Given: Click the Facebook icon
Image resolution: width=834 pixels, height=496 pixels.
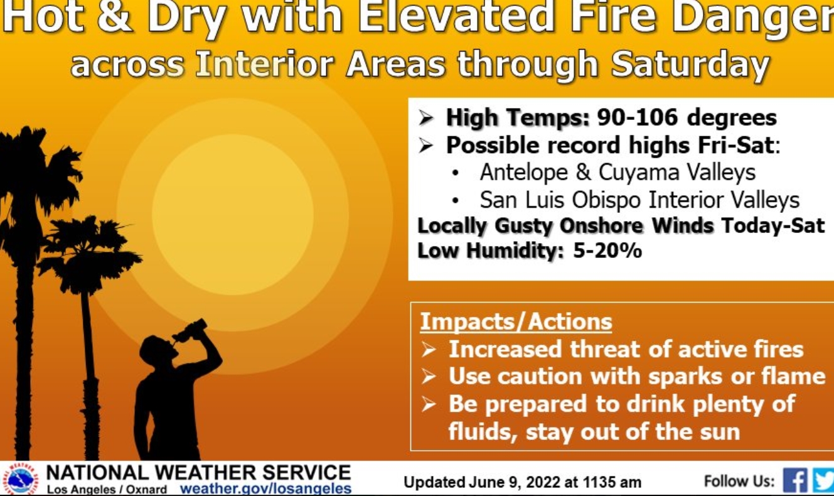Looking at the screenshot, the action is tap(795, 481).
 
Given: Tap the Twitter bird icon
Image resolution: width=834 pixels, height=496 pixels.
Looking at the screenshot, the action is tap(823, 481).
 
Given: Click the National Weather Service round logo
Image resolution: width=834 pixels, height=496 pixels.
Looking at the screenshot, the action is tap(21, 480).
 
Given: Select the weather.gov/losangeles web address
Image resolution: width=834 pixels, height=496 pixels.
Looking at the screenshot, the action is tap(265, 488).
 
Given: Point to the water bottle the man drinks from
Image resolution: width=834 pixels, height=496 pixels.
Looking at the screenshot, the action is tap(190, 331).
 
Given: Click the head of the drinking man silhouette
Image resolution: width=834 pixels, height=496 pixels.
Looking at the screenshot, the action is tap(157, 351).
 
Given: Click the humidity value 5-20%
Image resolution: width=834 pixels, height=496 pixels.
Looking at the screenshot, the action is tap(607, 251).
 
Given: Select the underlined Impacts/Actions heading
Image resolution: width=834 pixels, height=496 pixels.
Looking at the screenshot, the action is tap(516, 321).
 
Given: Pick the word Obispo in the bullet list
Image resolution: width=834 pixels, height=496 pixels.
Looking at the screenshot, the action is tap(606, 200).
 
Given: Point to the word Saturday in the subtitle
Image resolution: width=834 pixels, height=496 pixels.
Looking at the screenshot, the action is tap(690, 65).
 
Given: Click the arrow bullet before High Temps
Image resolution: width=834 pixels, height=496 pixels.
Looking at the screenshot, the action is tap(425, 119).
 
